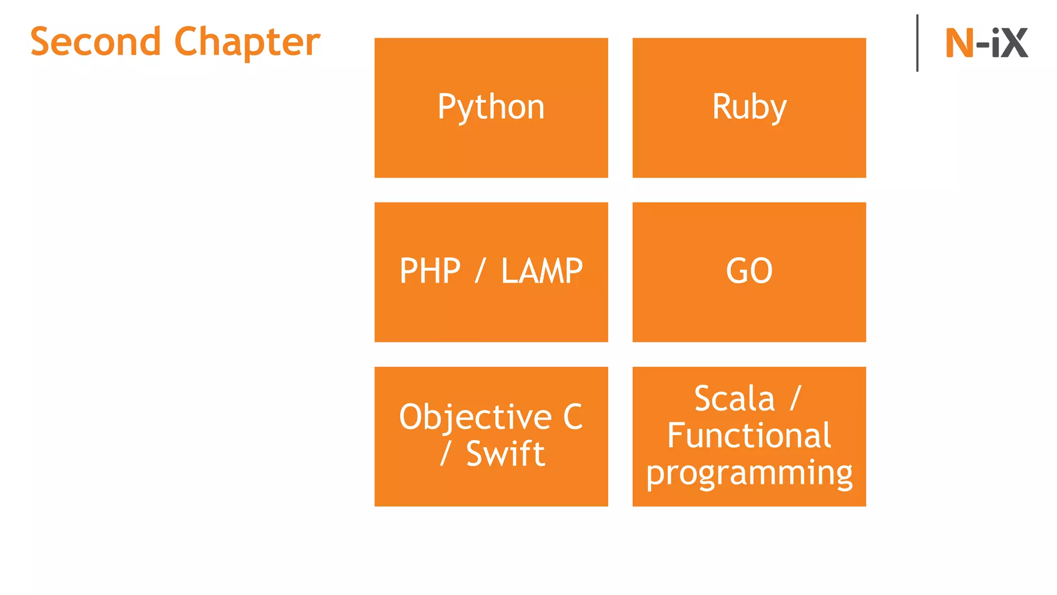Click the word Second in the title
[x=95, y=42]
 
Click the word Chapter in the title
[x=247, y=42]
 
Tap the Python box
[x=491, y=107]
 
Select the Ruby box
[x=749, y=107]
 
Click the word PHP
[x=430, y=271]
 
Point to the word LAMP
[x=542, y=271]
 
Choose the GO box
[x=749, y=272]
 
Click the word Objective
[x=475, y=417]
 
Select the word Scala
[x=734, y=399]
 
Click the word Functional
[x=749, y=436]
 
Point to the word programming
[x=749, y=473]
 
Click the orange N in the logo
[x=959, y=43]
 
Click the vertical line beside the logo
[x=917, y=43]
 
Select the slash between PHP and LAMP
[x=480, y=271]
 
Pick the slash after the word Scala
[x=795, y=398]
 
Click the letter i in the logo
[x=996, y=43]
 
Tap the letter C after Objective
[x=573, y=417]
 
